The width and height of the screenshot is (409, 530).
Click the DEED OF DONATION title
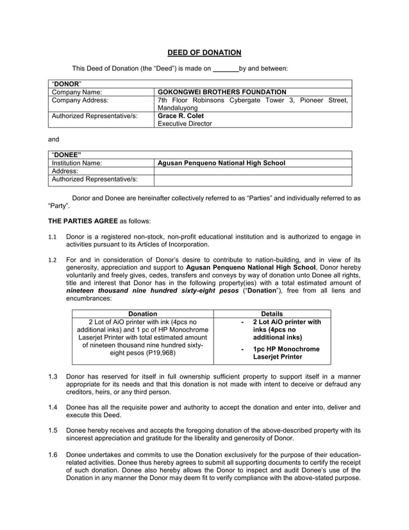point(204,52)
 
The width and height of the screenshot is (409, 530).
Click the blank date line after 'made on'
point(225,68)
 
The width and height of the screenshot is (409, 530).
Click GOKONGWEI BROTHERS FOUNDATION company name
point(222,92)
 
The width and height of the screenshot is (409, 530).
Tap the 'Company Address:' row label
point(80,100)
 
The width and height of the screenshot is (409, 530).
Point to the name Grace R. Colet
point(181,116)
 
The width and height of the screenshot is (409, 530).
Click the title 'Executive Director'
point(185,124)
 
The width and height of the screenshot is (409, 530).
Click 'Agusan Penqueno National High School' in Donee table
point(221,164)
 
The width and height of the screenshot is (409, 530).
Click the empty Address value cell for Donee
point(253,172)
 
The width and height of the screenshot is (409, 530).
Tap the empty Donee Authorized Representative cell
point(253,180)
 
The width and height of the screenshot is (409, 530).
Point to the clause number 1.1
point(53,237)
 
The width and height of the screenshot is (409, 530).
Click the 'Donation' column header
point(143,314)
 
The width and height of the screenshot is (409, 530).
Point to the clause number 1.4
point(53,407)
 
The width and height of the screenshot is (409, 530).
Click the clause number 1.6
point(53,455)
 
